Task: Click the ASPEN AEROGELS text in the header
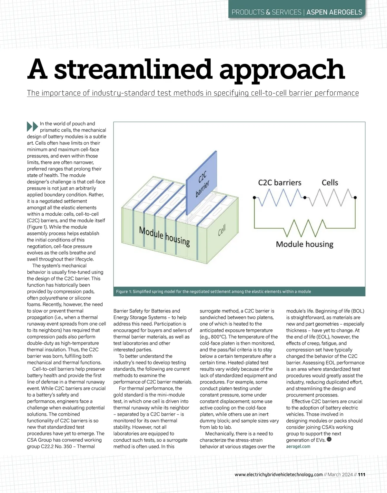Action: tap(334, 12)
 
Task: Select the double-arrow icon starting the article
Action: tap(32, 126)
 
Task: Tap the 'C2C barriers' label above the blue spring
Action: tap(280, 183)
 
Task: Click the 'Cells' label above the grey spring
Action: tap(330, 183)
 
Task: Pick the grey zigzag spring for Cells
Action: tap(330, 197)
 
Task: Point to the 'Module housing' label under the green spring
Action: tap(304, 244)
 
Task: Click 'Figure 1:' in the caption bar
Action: tap(124, 292)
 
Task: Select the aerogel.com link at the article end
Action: tap(298, 447)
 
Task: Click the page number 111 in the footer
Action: tap(362, 475)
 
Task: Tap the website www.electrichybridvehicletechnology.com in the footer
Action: tap(279, 475)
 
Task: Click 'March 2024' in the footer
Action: tap(340, 475)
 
